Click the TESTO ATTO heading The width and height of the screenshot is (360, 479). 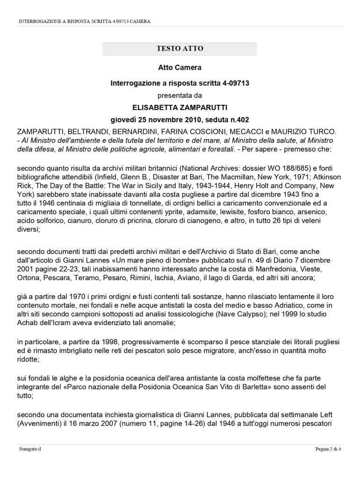[x=180, y=49]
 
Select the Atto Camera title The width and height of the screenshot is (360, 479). [x=180, y=67]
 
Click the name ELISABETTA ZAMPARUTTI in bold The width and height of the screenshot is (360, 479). [x=180, y=107]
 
